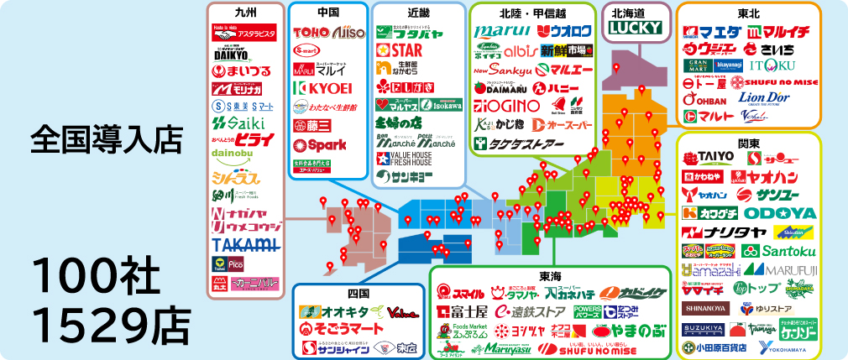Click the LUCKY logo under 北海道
coord(635,28)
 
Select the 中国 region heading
coord(328,13)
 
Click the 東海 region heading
coord(549,275)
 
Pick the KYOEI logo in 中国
coord(322,88)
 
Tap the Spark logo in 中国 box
coord(322,143)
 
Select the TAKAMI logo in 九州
coord(244,244)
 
